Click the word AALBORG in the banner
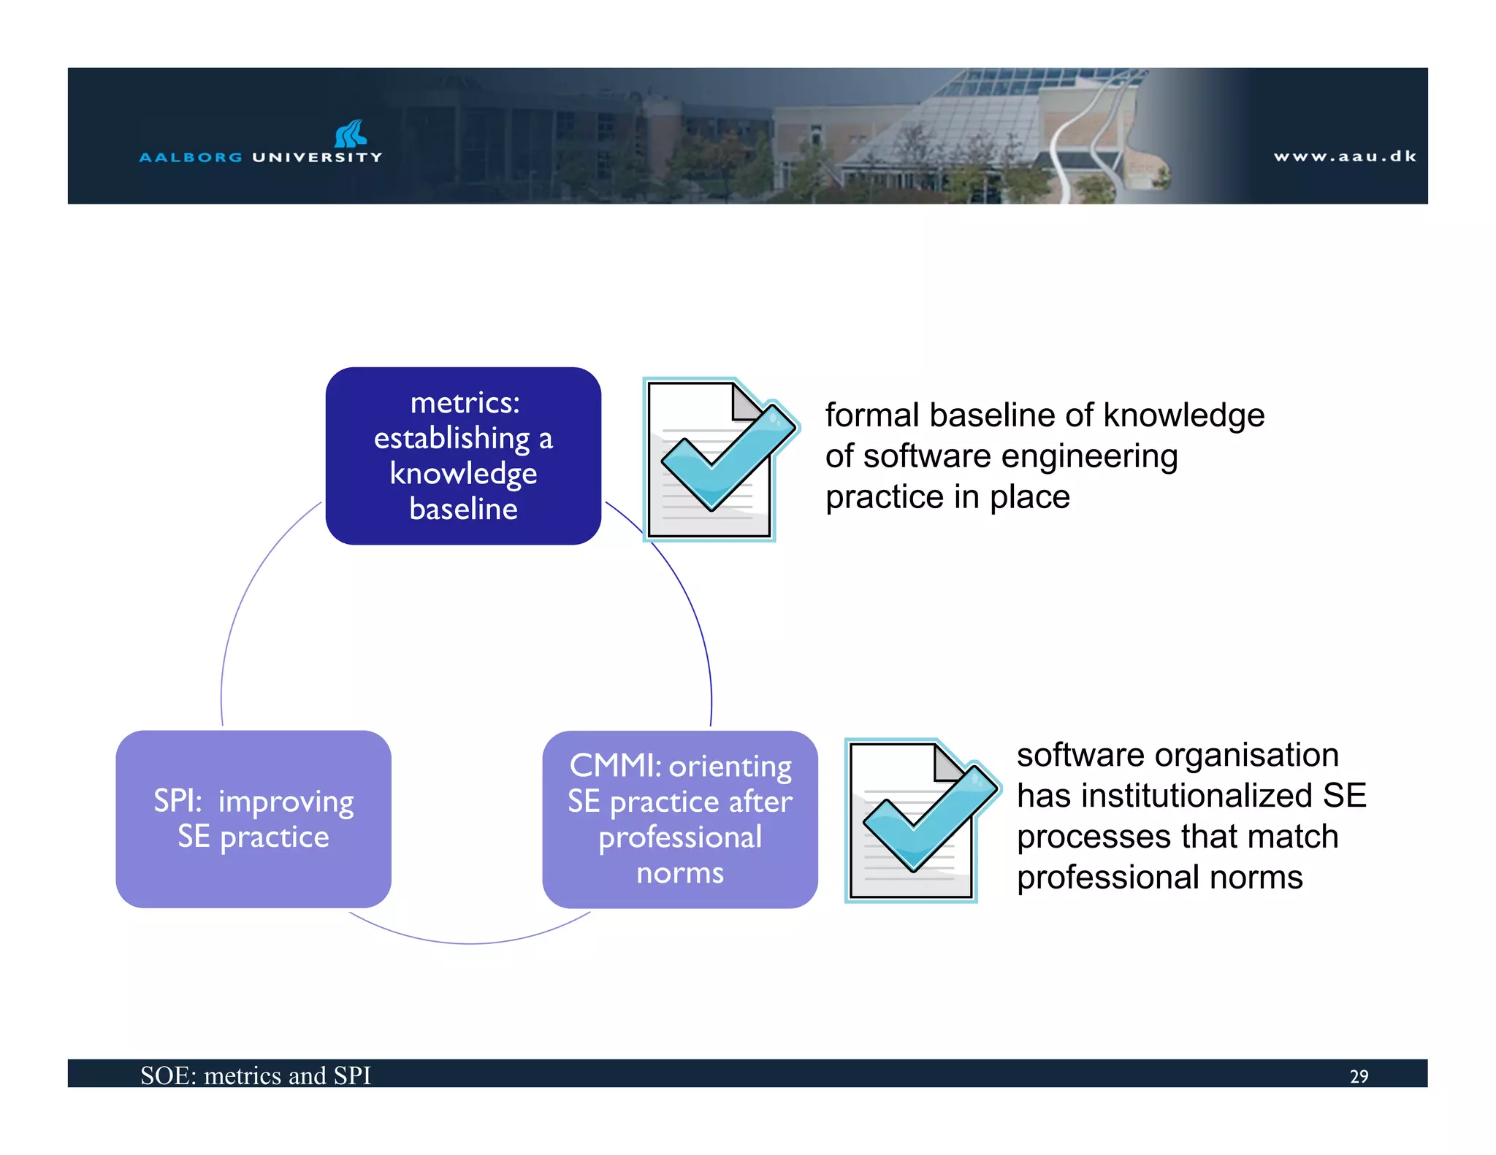(x=191, y=158)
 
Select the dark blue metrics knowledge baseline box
(x=463, y=456)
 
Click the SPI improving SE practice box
(x=253, y=818)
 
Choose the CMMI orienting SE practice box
(x=679, y=818)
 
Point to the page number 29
(x=1359, y=1076)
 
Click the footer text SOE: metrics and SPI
(x=256, y=1075)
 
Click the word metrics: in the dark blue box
(x=465, y=403)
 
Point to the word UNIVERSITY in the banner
(x=317, y=158)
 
